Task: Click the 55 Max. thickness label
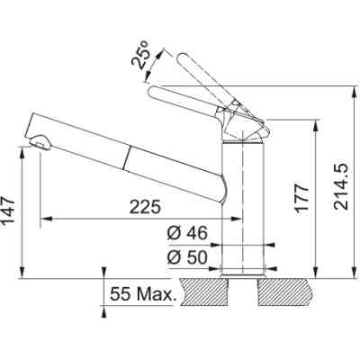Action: tap(139, 293)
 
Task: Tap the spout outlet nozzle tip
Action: tap(40, 141)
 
